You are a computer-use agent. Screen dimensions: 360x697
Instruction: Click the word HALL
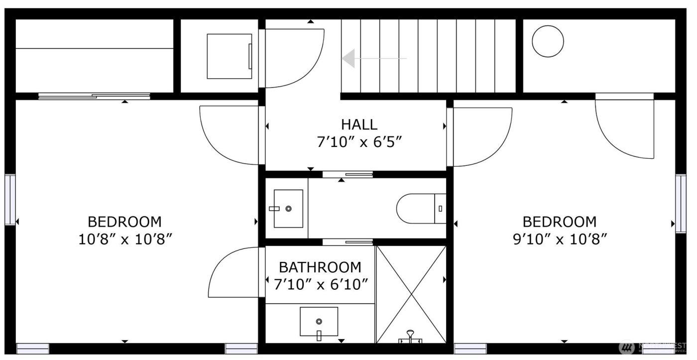coord(359,124)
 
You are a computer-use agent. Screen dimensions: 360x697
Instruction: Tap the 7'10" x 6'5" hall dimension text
coord(359,142)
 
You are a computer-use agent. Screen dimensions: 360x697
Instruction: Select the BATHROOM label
coord(320,267)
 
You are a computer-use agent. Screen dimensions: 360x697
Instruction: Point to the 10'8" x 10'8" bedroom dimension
coord(125,240)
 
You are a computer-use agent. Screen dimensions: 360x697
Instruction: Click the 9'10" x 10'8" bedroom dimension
coord(559,240)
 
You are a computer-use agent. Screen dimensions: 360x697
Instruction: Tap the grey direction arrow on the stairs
coord(348,58)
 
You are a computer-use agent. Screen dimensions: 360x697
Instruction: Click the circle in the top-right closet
coord(548,41)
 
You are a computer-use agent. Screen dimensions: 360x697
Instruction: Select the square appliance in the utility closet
coord(230,56)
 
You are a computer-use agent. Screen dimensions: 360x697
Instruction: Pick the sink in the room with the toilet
coord(288,209)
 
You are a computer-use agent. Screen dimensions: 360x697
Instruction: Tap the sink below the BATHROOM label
coord(319,322)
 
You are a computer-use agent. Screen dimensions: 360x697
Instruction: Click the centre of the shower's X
coord(411,294)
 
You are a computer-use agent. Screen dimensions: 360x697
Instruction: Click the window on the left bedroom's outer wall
coord(9,199)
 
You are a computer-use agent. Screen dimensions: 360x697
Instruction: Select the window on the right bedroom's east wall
coord(680,203)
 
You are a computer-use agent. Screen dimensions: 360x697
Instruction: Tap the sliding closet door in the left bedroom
coord(95,96)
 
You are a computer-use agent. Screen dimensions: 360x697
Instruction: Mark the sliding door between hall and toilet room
coord(348,174)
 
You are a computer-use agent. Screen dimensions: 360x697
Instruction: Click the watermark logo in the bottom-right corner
coord(626,347)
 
